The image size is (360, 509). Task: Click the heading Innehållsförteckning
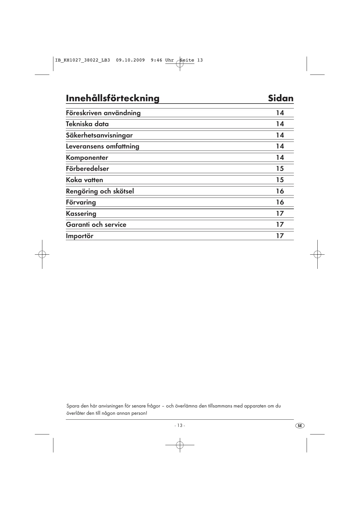click(x=113, y=98)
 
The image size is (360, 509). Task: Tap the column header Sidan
click(x=281, y=98)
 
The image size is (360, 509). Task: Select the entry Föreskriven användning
click(x=103, y=113)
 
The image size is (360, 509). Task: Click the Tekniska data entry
click(x=87, y=124)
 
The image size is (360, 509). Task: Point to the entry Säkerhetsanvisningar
click(x=99, y=135)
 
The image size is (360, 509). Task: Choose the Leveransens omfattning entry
click(x=102, y=146)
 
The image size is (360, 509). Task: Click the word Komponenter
click(x=87, y=158)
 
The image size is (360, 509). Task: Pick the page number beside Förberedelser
click(x=280, y=169)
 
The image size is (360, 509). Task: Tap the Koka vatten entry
click(x=84, y=180)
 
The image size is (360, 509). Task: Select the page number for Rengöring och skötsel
click(x=280, y=191)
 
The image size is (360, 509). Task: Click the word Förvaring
click(x=81, y=202)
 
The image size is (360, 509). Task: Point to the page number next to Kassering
click(x=280, y=213)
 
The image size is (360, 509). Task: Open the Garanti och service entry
click(x=96, y=225)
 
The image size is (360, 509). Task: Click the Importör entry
click(x=80, y=236)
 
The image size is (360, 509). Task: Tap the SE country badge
click(x=300, y=425)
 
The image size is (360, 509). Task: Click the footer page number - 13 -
click(x=180, y=425)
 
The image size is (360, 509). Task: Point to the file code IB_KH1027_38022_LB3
click(x=83, y=60)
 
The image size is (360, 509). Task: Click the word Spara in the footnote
click(x=72, y=406)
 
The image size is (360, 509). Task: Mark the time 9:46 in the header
click(x=156, y=60)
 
